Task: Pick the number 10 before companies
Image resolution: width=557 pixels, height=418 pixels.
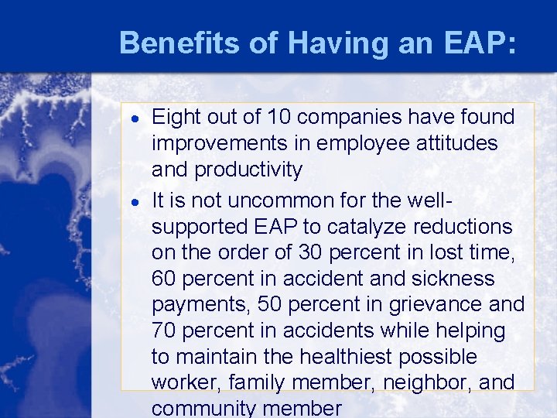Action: click(x=278, y=117)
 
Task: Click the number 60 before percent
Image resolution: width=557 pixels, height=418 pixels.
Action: click(x=166, y=278)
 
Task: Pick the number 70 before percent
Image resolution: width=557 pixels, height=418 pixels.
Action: click(x=165, y=331)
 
